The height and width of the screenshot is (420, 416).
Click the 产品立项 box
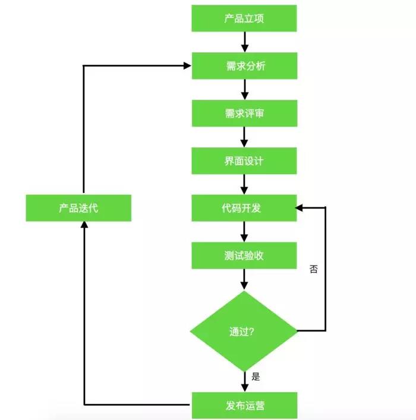pos(244,18)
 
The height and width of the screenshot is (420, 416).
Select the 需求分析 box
pos(244,65)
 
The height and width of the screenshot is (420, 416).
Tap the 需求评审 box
pos(244,113)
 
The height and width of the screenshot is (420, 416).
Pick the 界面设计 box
pos(244,161)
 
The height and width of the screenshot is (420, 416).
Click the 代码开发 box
pos(244,208)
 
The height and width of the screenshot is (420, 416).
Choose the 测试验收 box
pos(244,255)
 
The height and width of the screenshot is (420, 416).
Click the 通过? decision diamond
pos(243,331)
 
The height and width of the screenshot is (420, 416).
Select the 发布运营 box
pos(244,406)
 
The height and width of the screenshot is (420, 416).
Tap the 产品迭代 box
pos(78,209)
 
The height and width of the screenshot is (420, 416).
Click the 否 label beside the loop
pos(314,269)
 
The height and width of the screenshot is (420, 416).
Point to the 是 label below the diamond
pos(256,376)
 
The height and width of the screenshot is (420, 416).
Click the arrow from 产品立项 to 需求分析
pos(244,42)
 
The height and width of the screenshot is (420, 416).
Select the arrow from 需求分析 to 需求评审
pos(244,89)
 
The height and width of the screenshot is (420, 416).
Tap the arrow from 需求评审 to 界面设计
pos(244,137)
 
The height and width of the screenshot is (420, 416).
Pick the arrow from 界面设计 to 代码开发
pos(244,185)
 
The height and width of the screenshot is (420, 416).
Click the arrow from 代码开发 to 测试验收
pos(244,232)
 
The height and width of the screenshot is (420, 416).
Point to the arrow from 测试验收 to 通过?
pos(244,279)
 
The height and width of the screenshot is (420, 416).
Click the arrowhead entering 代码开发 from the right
pos(300,208)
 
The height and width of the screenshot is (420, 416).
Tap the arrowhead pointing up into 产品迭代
pos(84,226)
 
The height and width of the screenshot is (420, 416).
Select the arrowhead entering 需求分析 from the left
pos(187,65)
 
